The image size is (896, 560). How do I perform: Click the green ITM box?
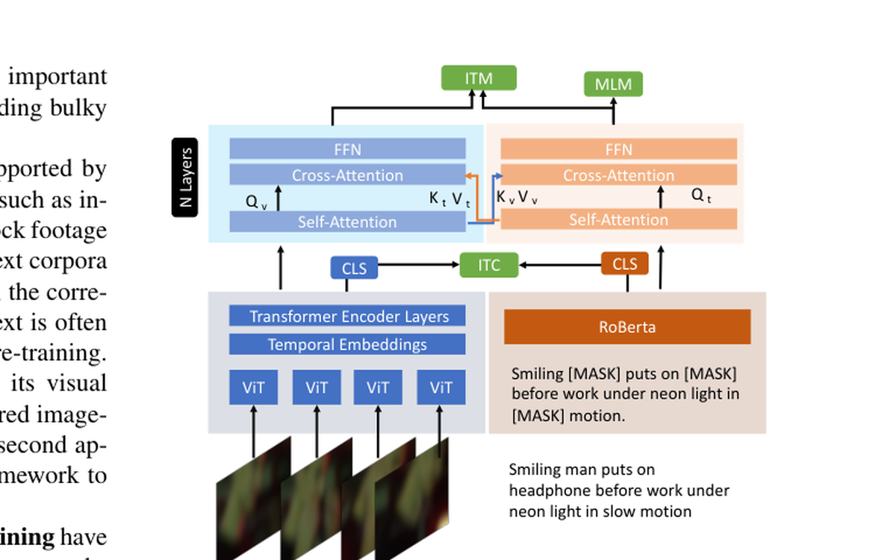(x=479, y=78)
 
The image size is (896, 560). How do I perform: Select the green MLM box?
(x=613, y=84)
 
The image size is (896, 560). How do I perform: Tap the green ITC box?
(x=488, y=265)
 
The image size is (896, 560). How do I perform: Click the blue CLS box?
(x=354, y=267)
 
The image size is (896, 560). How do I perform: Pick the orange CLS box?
(x=625, y=264)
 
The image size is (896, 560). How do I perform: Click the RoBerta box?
(x=627, y=327)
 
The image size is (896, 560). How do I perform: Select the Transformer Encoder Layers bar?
(x=347, y=316)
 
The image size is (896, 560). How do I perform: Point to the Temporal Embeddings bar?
(x=347, y=344)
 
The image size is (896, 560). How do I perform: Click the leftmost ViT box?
(x=253, y=388)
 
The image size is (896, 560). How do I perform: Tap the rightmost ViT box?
(x=441, y=388)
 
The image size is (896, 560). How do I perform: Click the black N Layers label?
(x=185, y=178)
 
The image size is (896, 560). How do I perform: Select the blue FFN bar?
(x=347, y=149)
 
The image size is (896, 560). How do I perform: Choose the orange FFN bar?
(x=618, y=149)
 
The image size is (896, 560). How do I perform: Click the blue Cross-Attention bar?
(x=347, y=175)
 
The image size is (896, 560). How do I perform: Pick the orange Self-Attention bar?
(x=618, y=219)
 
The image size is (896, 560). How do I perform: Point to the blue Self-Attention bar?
(x=347, y=222)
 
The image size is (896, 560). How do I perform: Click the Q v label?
(x=255, y=201)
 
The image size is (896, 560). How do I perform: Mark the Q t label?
(x=701, y=196)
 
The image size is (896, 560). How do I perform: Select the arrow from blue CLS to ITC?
(x=418, y=264)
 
